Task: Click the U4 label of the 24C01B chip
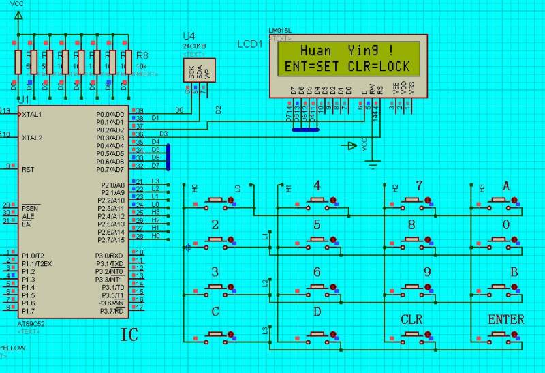pos(189,36)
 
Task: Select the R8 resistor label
pos(142,55)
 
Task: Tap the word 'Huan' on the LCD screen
pos(316,51)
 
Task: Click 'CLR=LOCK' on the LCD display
pos(379,66)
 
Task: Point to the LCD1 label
pos(249,44)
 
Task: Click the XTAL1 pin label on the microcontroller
pos(33,114)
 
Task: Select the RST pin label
pos(28,169)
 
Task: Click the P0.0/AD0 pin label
pos(110,114)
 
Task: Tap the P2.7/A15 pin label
pos(110,240)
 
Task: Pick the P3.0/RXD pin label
pos(110,256)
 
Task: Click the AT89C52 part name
pos(31,324)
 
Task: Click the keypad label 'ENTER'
pos(506,319)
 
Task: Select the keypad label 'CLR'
pos(412,319)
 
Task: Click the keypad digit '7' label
pos(419,185)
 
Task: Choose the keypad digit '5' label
pos(317,224)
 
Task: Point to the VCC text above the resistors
pos(17,4)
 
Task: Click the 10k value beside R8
pos(142,65)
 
